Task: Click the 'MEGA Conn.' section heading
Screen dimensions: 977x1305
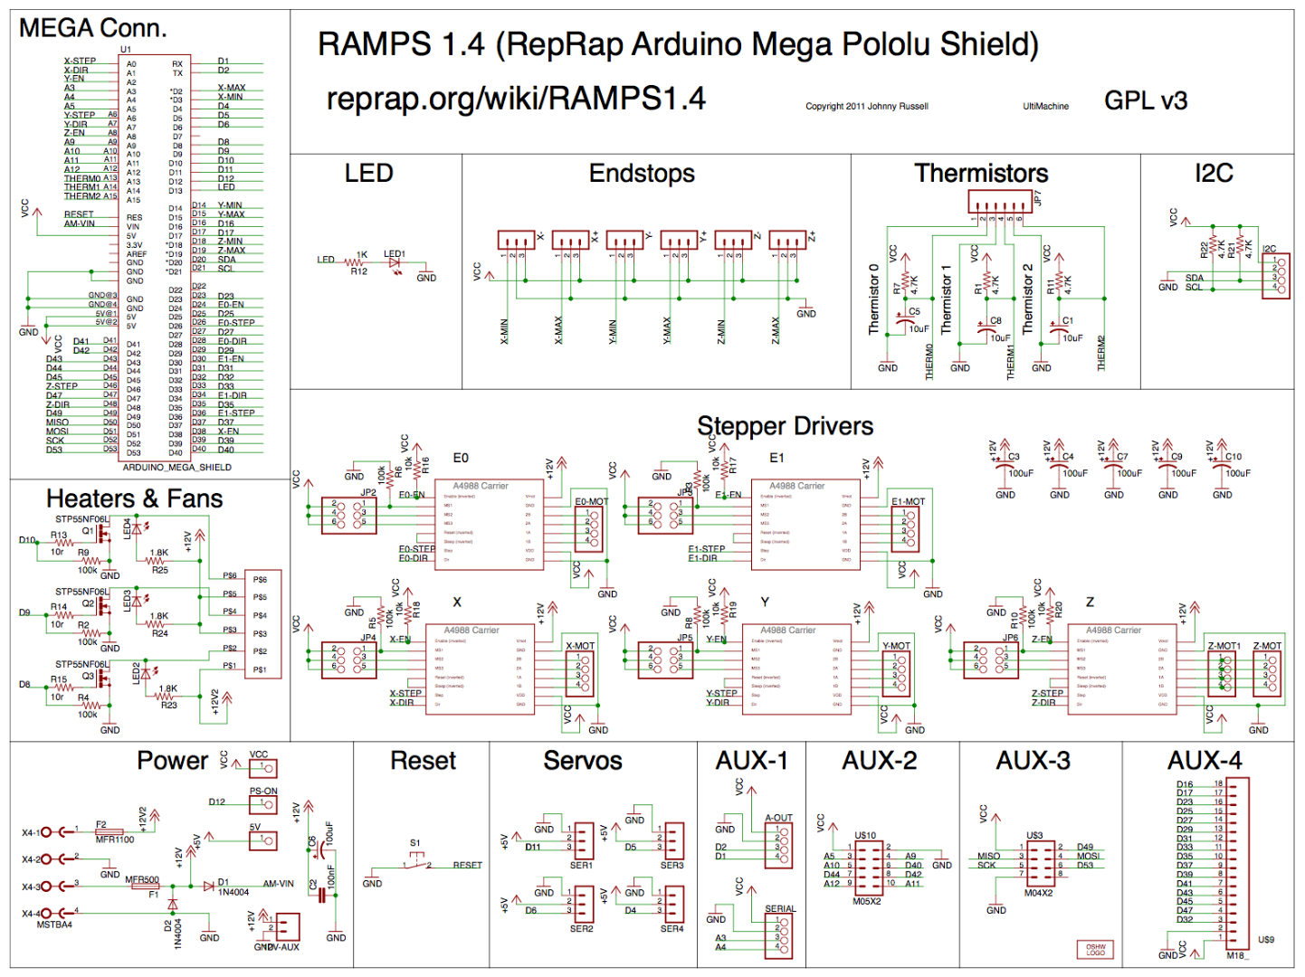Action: point(92,28)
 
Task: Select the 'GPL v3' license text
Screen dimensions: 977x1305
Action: point(1145,100)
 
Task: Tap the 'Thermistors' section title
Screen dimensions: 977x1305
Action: point(981,173)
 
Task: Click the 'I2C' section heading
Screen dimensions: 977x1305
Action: point(1214,173)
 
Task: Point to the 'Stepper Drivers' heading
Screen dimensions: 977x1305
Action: point(785,426)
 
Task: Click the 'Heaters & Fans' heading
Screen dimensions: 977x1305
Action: point(134,498)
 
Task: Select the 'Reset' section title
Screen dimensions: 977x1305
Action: point(423,761)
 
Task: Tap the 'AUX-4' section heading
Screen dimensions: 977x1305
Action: point(1205,761)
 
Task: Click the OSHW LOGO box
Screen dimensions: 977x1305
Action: point(1095,950)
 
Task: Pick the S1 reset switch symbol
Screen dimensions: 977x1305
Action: point(415,861)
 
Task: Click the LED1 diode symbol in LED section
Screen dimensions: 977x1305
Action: point(394,263)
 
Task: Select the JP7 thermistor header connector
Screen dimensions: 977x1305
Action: point(999,202)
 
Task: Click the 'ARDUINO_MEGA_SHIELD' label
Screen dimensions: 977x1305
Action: point(177,468)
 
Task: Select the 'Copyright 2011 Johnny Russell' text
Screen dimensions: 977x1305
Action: point(866,107)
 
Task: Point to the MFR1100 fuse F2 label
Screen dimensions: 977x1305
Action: point(115,839)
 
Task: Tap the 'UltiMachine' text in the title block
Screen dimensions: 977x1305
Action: point(1045,107)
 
